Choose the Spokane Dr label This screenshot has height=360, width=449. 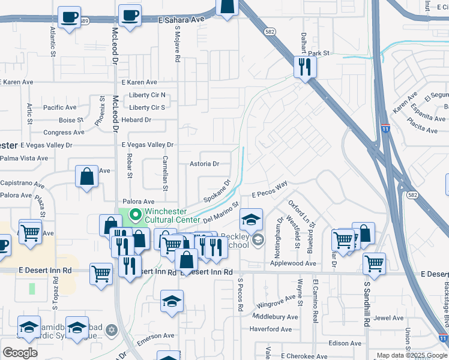point(217,191)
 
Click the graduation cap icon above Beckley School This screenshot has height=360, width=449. point(251,219)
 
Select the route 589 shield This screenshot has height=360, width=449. point(84,21)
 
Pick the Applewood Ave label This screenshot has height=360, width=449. point(293,263)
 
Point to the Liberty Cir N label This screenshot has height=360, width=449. point(147,95)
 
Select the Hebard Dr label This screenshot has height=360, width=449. point(136,120)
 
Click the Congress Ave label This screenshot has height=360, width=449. point(64,133)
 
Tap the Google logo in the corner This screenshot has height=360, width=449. point(20,353)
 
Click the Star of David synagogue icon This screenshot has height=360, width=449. point(111,329)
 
